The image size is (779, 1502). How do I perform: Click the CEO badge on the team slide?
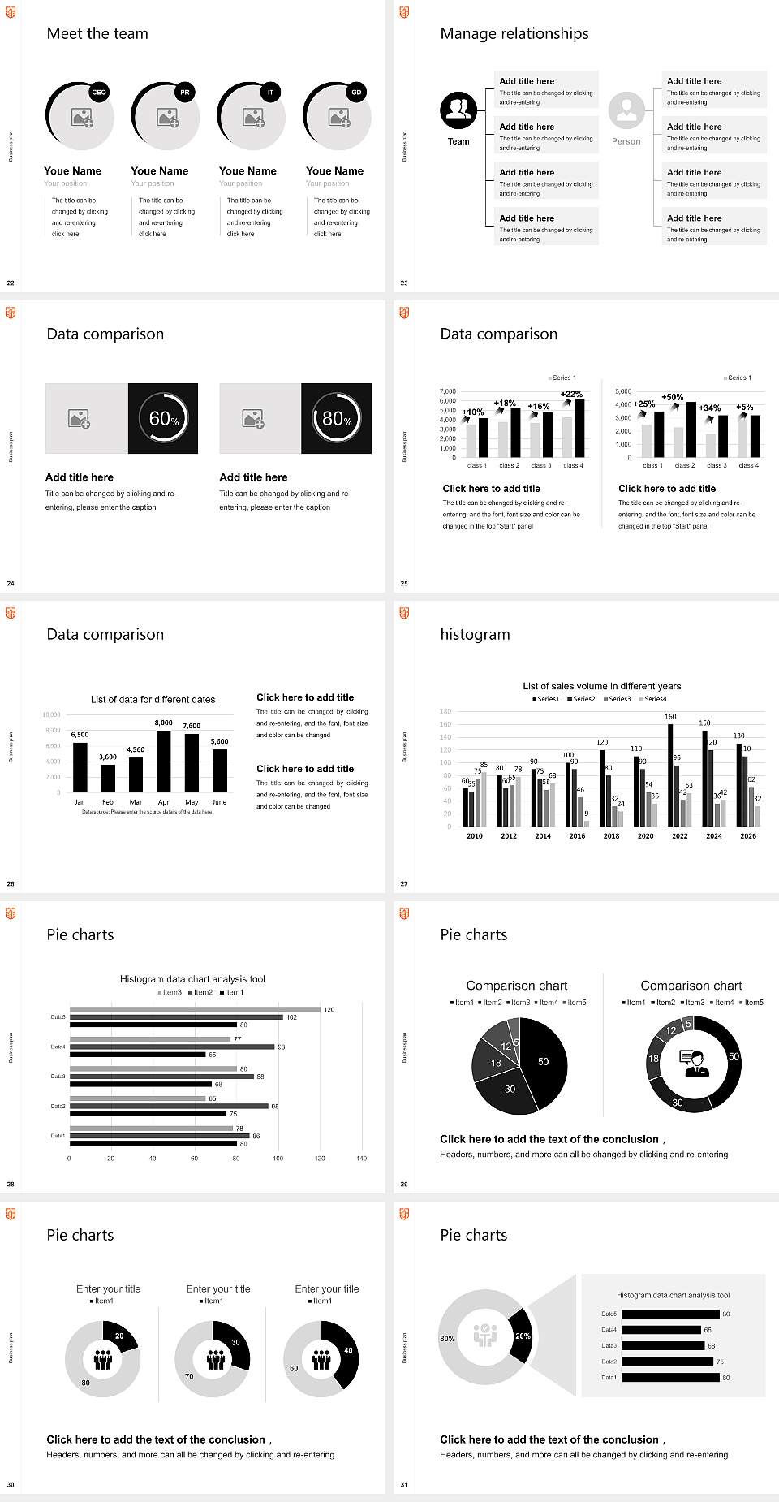(99, 93)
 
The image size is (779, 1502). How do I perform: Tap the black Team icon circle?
(458, 110)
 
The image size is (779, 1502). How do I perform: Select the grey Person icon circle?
(626, 110)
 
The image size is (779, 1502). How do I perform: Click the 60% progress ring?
(163, 418)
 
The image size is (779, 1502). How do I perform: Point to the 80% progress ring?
(337, 418)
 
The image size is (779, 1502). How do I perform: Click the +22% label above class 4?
(571, 394)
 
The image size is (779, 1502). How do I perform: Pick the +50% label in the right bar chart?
(672, 397)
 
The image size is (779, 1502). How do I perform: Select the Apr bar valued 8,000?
(164, 761)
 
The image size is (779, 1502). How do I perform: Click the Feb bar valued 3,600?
(108, 778)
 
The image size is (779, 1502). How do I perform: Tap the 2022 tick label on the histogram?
(680, 835)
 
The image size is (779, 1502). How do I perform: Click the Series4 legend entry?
(653, 699)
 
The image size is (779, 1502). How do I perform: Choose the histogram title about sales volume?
(601, 686)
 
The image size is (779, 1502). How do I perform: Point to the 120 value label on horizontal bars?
(329, 1009)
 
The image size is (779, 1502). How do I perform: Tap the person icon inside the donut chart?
(694, 1063)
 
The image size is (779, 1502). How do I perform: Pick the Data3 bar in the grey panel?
(663, 1345)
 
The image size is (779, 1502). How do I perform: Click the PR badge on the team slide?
(185, 93)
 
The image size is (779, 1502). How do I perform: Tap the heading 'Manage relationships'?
(514, 33)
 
